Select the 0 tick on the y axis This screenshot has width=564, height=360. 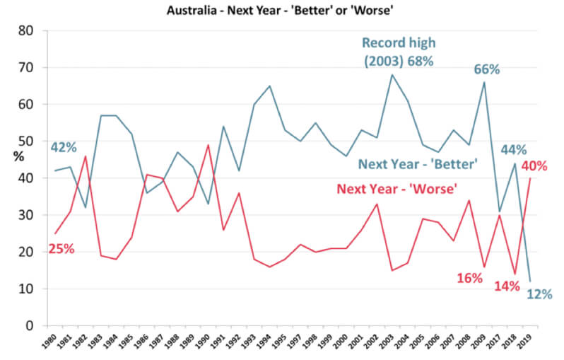click(29, 326)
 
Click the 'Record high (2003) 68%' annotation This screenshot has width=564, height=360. click(398, 51)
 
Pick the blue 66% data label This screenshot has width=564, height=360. click(486, 69)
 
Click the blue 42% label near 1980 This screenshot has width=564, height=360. click(63, 148)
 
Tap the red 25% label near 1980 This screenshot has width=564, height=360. click(61, 248)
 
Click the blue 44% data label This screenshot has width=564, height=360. click(515, 150)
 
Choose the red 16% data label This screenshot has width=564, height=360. click(468, 278)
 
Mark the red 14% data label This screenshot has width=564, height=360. click(506, 286)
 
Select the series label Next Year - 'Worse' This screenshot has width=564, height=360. click(396, 189)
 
